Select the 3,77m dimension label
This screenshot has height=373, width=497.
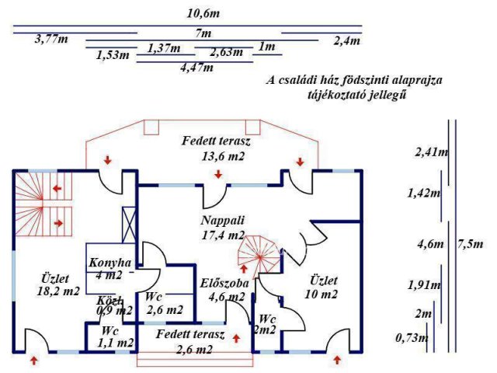[x=52, y=40]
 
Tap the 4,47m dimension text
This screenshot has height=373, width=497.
[x=196, y=68]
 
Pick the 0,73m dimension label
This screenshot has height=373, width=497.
[x=411, y=338]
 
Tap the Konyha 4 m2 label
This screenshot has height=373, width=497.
[x=110, y=268]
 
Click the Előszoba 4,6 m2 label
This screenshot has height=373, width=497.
[x=224, y=289]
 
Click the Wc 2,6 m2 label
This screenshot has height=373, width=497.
[x=163, y=303]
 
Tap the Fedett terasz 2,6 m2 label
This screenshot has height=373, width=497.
[x=190, y=343]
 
